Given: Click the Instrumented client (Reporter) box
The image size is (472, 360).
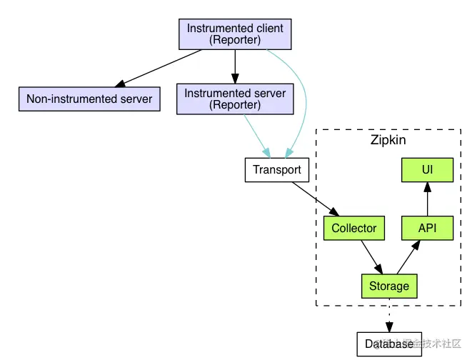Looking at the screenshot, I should [x=235, y=34].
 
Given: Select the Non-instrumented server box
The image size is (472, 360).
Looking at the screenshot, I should [x=89, y=99].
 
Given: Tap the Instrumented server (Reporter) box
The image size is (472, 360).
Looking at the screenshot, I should [x=235, y=99].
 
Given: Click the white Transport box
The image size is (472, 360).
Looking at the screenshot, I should [x=277, y=171].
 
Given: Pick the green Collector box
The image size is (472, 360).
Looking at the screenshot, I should [x=353, y=229].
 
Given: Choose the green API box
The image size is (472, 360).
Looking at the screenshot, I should [x=427, y=229].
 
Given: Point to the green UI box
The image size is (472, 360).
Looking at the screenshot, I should [x=427, y=170].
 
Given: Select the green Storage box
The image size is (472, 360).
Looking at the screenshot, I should [x=388, y=286].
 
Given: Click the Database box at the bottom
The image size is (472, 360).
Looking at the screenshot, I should [x=388, y=344].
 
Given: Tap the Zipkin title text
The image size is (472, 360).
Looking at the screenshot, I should [x=388, y=140].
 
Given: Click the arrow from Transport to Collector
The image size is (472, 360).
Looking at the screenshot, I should [x=315, y=199].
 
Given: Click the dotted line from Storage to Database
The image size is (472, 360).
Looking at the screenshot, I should [x=388, y=315].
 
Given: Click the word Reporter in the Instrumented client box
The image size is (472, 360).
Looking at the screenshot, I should [x=235, y=40].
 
